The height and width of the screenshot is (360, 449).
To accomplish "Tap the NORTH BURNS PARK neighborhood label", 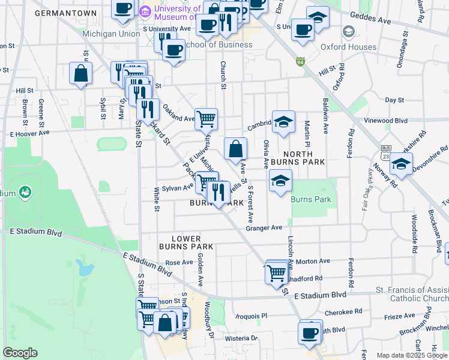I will click(x=298, y=157).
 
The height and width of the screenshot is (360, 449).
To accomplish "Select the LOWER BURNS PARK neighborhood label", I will click(x=186, y=242).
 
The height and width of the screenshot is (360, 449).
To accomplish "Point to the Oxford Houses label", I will click(x=366, y=47).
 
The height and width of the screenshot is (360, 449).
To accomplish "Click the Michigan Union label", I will click(x=111, y=34).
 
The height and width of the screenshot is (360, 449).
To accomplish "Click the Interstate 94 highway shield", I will click(x=300, y=61).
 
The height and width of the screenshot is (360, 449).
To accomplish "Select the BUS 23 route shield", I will click(x=385, y=151).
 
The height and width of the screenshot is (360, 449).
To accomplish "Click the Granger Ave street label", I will click(x=264, y=228).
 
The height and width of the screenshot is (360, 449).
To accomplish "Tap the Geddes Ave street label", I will click(x=370, y=20).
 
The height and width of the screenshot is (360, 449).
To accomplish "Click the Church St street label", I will click(x=223, y=76).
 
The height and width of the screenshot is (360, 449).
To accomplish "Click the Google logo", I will click(x=20, y=353).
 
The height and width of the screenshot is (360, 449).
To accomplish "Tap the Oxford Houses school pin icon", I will click(x=348, y=32).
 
